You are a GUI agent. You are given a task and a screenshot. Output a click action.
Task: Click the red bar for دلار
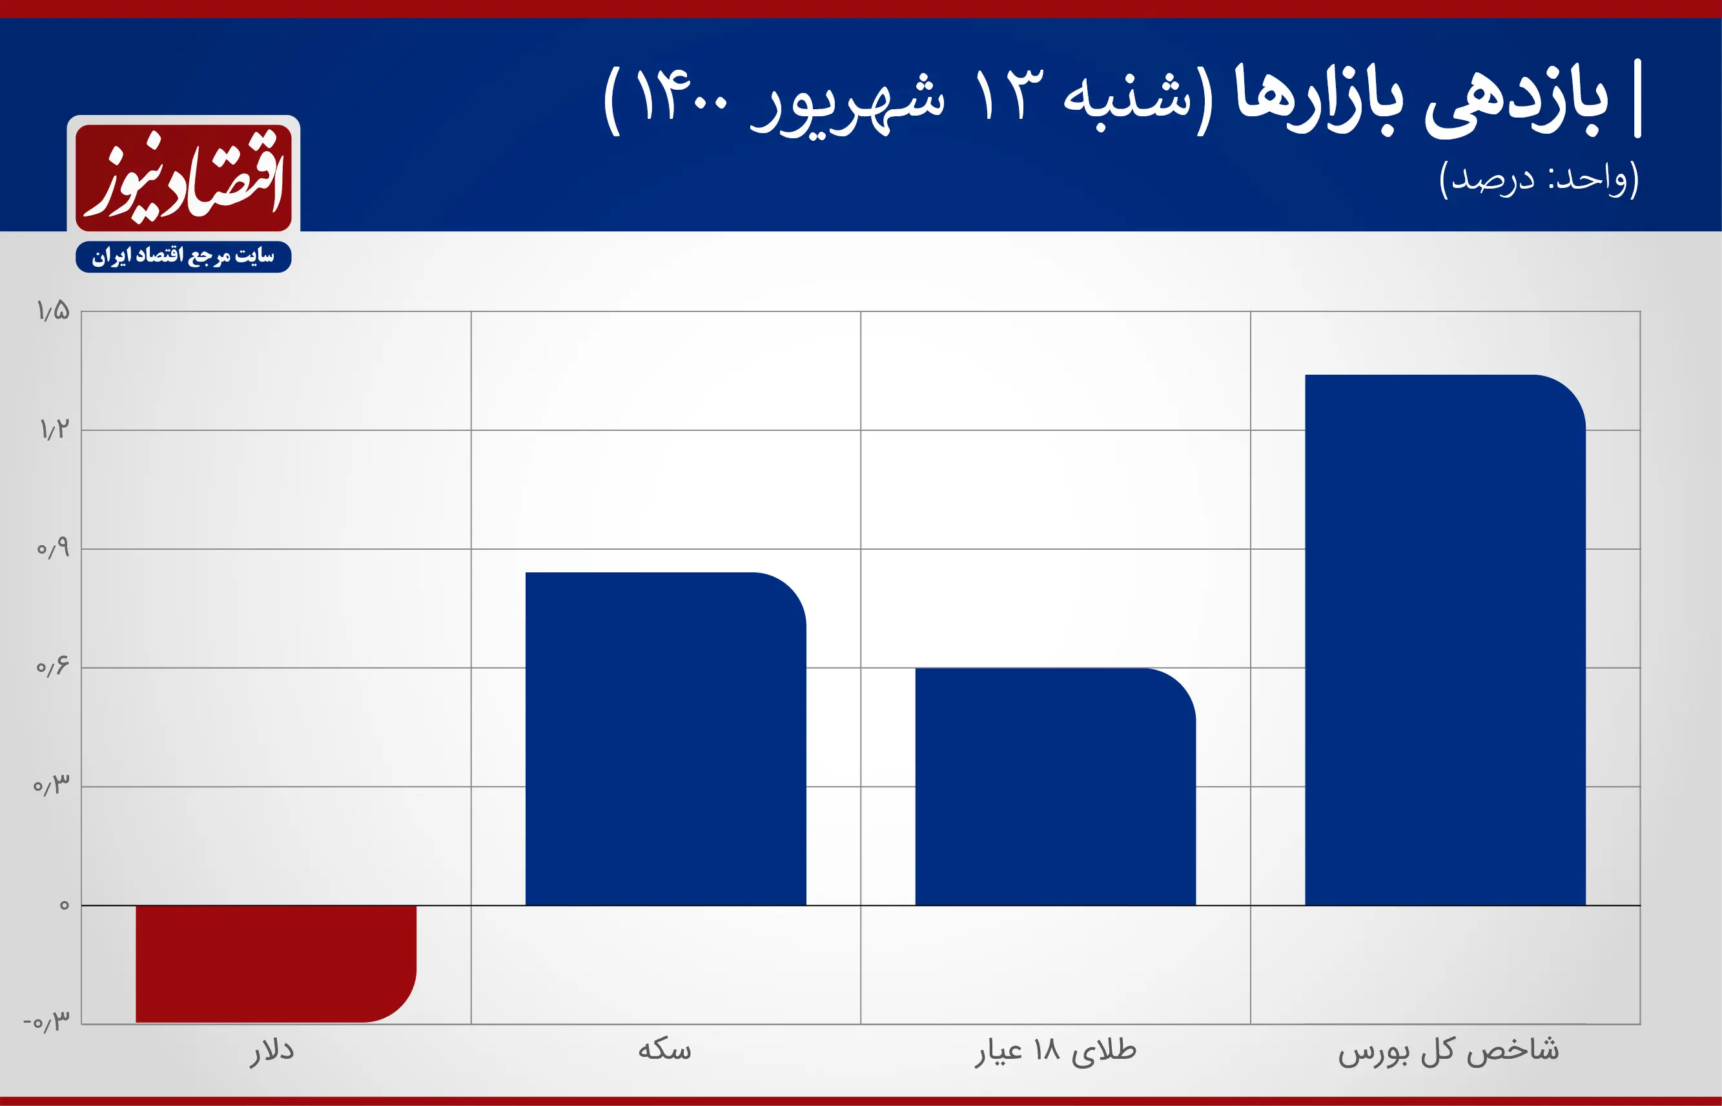[x=276, y=963]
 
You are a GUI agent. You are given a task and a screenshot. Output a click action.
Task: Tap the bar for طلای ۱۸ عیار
[x=1055, y=786]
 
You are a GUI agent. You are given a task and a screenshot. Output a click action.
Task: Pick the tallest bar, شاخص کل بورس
[x=1445, y=639]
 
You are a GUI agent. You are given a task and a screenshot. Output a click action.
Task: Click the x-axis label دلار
[x=272, y=1052]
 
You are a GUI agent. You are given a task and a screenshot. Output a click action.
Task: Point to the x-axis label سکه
[x=664, y=1050]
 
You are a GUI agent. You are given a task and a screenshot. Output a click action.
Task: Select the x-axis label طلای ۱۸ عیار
[x=1055, y=1052]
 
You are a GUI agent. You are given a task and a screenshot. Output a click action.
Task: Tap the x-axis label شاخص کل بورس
[x=1448, y=1050]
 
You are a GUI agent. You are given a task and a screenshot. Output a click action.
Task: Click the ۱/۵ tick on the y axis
[x=54, y=311]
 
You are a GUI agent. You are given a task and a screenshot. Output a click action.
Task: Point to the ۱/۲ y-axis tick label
[x=54, y=430]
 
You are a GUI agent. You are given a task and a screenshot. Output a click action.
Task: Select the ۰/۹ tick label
[x=53, y=548]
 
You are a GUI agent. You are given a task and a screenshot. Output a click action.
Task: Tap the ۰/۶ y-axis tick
[x=53, y=667]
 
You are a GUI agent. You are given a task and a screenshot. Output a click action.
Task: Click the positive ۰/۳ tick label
[x=52, y=785]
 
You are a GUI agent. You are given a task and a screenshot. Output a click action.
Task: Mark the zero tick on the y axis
[x=65, y=905]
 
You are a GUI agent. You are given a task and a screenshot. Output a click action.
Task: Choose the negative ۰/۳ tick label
[x=47, y=1021]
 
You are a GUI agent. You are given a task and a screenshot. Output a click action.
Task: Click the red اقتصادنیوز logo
[x=184, y=178]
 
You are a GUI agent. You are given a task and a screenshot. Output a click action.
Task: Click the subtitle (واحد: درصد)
[x=1539, y=179]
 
